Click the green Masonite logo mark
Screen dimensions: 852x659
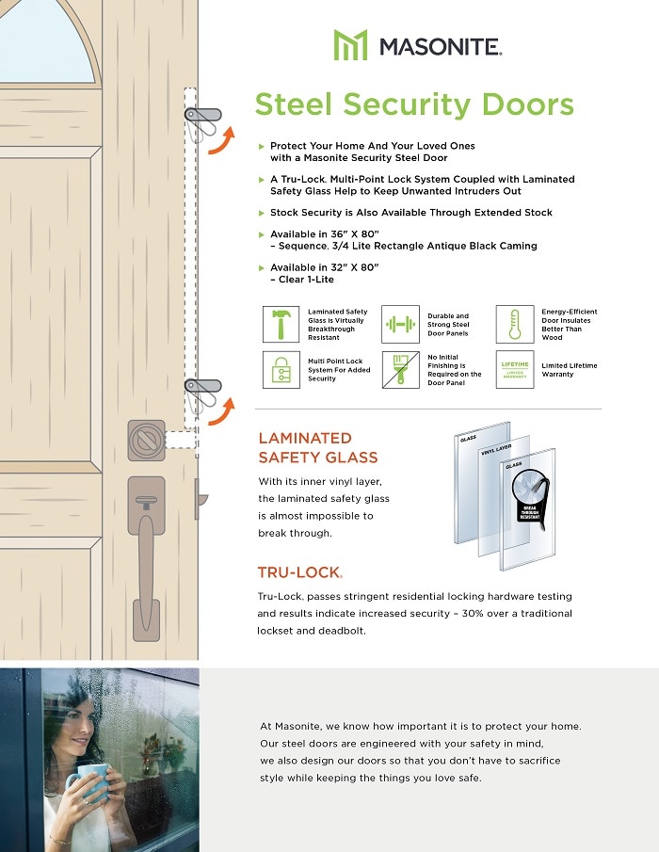point(350,44)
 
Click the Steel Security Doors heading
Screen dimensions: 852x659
point(414,104)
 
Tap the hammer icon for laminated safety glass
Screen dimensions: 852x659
point(281,324)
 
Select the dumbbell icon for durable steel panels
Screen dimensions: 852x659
point(399,324)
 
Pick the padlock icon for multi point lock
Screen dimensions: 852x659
point(281,369)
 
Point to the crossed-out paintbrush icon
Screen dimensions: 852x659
point(399,369)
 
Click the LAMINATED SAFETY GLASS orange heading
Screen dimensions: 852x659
point(318,448)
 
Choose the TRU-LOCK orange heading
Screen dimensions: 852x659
point(299,572)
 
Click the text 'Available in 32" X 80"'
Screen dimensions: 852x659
point(324,267)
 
